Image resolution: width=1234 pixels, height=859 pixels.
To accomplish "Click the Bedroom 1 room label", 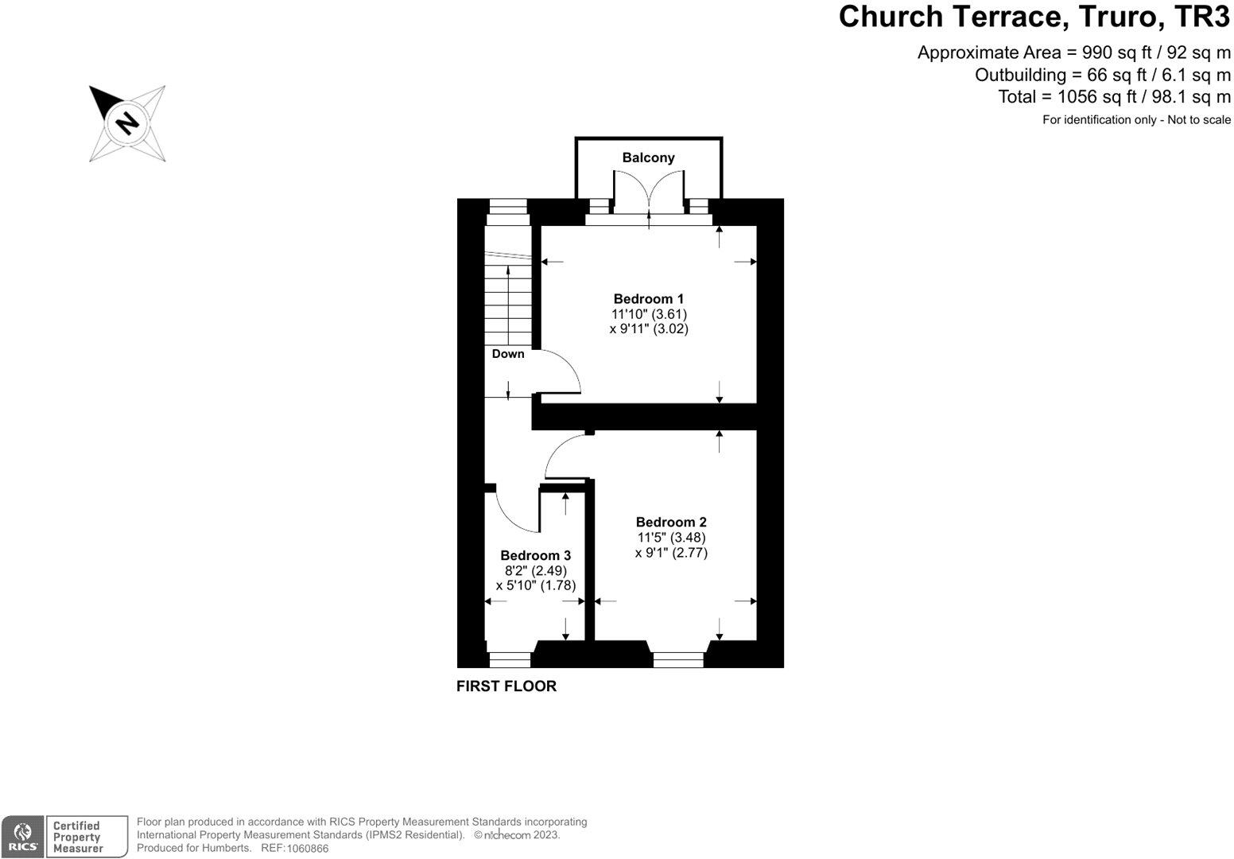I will [648, 299].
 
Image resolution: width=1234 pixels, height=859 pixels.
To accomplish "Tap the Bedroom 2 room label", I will [671, 523].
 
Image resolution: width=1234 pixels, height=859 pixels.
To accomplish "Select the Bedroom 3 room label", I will [535, 555].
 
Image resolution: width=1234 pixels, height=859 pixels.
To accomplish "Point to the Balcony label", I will [648, 157].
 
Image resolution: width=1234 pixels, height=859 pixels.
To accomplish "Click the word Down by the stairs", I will [508, 354].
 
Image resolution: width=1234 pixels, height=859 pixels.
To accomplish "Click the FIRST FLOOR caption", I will [506, 686].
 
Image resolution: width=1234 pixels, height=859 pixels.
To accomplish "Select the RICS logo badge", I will [21, 837].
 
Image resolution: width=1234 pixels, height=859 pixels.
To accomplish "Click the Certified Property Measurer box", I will [86, 837].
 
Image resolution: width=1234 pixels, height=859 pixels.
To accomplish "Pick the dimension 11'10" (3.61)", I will [649, 314].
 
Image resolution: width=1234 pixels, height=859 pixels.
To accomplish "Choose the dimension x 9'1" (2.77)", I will [671, 553].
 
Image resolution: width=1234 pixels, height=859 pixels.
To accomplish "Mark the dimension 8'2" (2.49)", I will [535, 570].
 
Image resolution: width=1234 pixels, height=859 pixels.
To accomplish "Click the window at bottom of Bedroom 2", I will [678, 659].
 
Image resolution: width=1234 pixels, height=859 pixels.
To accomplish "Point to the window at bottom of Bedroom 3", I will [510, 659].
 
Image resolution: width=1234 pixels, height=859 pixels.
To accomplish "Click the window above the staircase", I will [508, 207].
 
